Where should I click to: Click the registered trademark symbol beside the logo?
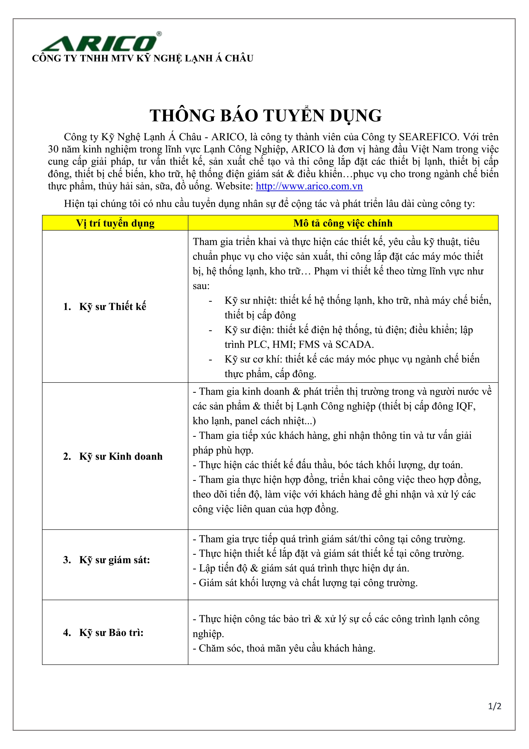pos(159,34)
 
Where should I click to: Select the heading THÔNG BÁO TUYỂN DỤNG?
pos(265,115)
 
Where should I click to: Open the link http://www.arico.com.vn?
pos(309,186)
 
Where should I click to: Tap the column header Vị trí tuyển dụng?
pos(115,223)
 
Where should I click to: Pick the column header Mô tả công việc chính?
pos(343,223)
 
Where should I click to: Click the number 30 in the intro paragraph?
pos(53,149)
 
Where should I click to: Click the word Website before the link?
pos(234,186)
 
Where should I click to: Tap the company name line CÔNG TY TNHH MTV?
pos(143,58)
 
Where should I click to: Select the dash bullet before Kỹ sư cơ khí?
pos(210,360)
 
